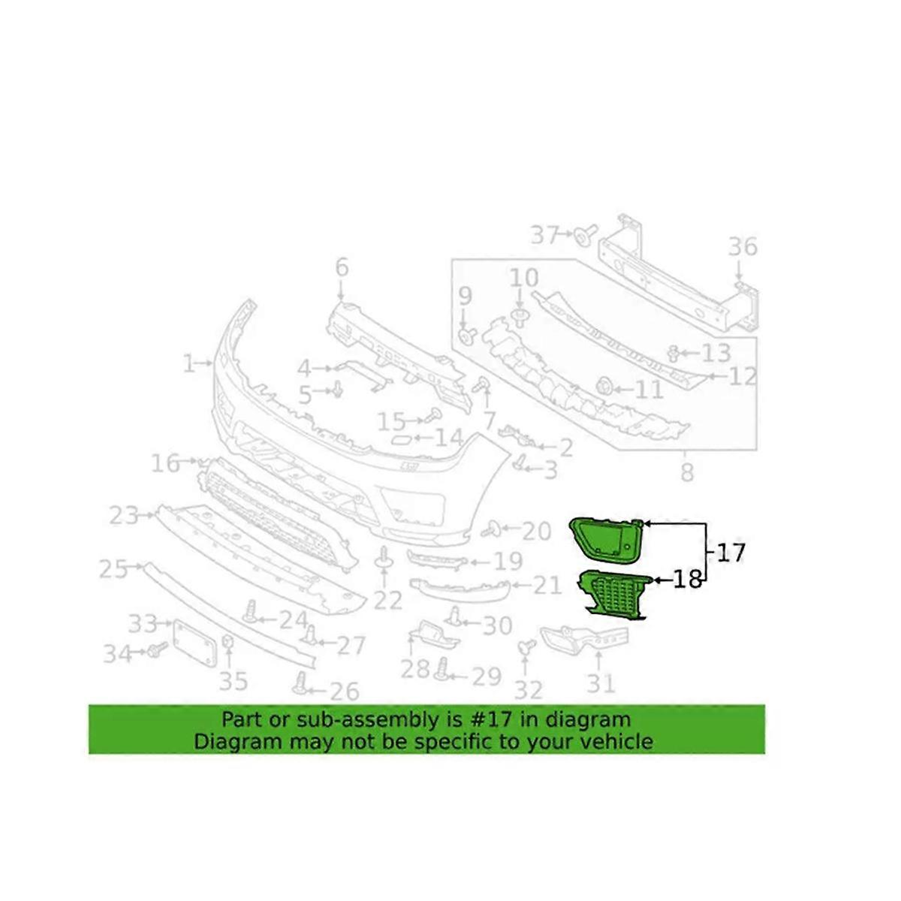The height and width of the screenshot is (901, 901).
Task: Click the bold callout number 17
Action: click(x=730, y=553)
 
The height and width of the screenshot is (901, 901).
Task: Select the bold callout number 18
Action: click(x=687, y=580)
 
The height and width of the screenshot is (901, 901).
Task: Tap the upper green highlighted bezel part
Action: click(x=606, y=539)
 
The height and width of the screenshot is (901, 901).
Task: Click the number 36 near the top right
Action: click(x=742, y=247)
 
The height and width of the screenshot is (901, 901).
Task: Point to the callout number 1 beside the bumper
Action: click(x=188, y=364)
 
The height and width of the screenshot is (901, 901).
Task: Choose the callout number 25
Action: click(x=113, y=569)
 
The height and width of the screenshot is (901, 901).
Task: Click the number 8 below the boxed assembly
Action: click(x=686, y=473)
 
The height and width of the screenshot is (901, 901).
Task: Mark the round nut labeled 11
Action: click(x=601, y=387)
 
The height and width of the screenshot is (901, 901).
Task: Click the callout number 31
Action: click(x=601, y=683)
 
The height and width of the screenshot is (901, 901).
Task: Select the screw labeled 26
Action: click(x=302, y=683)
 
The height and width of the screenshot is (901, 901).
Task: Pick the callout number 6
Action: click(x=342, y=267)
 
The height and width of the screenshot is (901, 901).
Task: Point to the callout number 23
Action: click(x=124, y=515)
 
